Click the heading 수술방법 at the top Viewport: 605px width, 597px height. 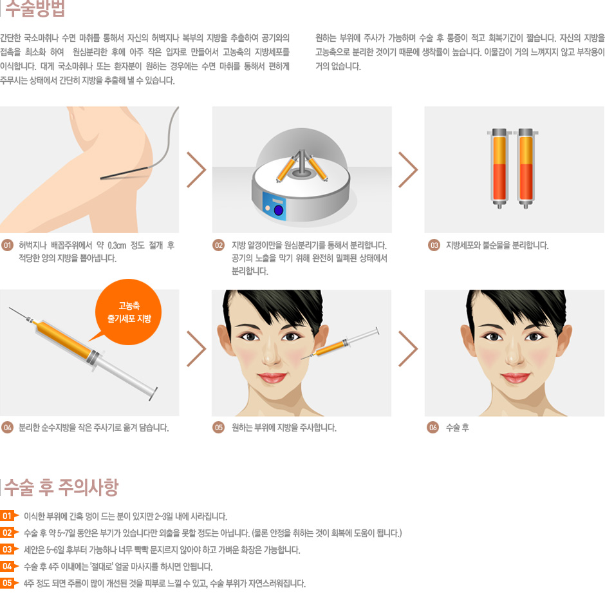pos(35,8)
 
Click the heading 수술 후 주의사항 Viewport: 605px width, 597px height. pos(61,488)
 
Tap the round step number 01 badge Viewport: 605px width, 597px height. pos(7,245)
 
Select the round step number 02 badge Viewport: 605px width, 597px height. pos(218,245)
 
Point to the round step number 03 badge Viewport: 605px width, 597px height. pos(434,245)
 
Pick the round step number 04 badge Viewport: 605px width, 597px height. pos(7,428)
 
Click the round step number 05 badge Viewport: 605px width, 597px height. pos(218,428)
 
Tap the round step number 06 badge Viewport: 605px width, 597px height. pos(433,428)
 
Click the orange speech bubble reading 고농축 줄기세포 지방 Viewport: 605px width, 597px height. pos(129,312)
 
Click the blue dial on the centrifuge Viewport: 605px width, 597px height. pos(279,210)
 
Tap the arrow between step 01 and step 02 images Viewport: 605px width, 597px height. pos(196,169)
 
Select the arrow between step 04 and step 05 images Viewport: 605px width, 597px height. pos(196,348)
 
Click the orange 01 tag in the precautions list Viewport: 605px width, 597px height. pos(9,516)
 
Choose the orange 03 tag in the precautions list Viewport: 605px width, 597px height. pos(9,549)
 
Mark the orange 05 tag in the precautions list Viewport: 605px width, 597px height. pos(9,583)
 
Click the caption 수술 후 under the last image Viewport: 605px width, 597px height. pos(457,428)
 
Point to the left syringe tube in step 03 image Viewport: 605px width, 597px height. pos(499,168)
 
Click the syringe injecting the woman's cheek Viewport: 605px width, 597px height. pos(340,344)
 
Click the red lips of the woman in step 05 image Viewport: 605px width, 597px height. pos(272,377)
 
